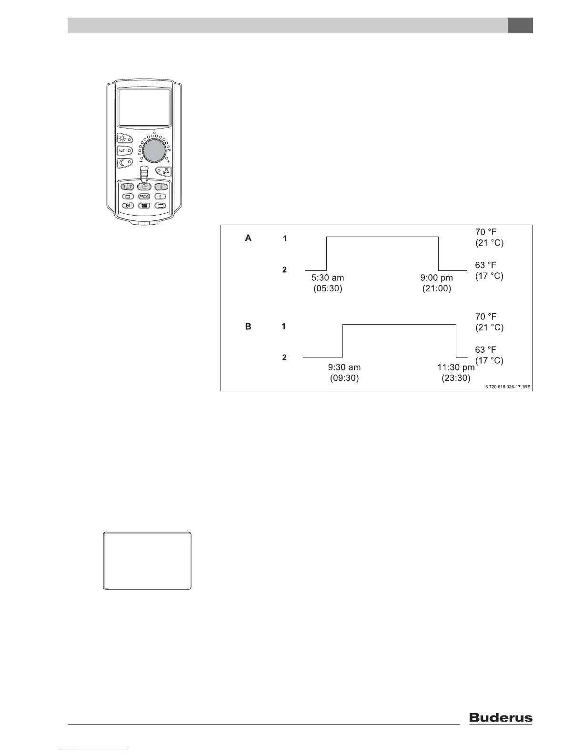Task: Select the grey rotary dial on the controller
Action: coord(154,151)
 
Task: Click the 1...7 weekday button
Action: coord(127,187)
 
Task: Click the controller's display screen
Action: coord(144,108)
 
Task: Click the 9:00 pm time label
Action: coord(437,278)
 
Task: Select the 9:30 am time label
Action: coord(344,367)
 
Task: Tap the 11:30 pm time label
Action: coord(456,367)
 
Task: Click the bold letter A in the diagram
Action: coord(248,238)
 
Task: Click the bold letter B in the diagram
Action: coord(248,327)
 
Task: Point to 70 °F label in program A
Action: coord(485,232)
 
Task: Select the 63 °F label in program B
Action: coord(485,350)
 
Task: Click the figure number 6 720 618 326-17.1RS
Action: coord(504,387)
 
